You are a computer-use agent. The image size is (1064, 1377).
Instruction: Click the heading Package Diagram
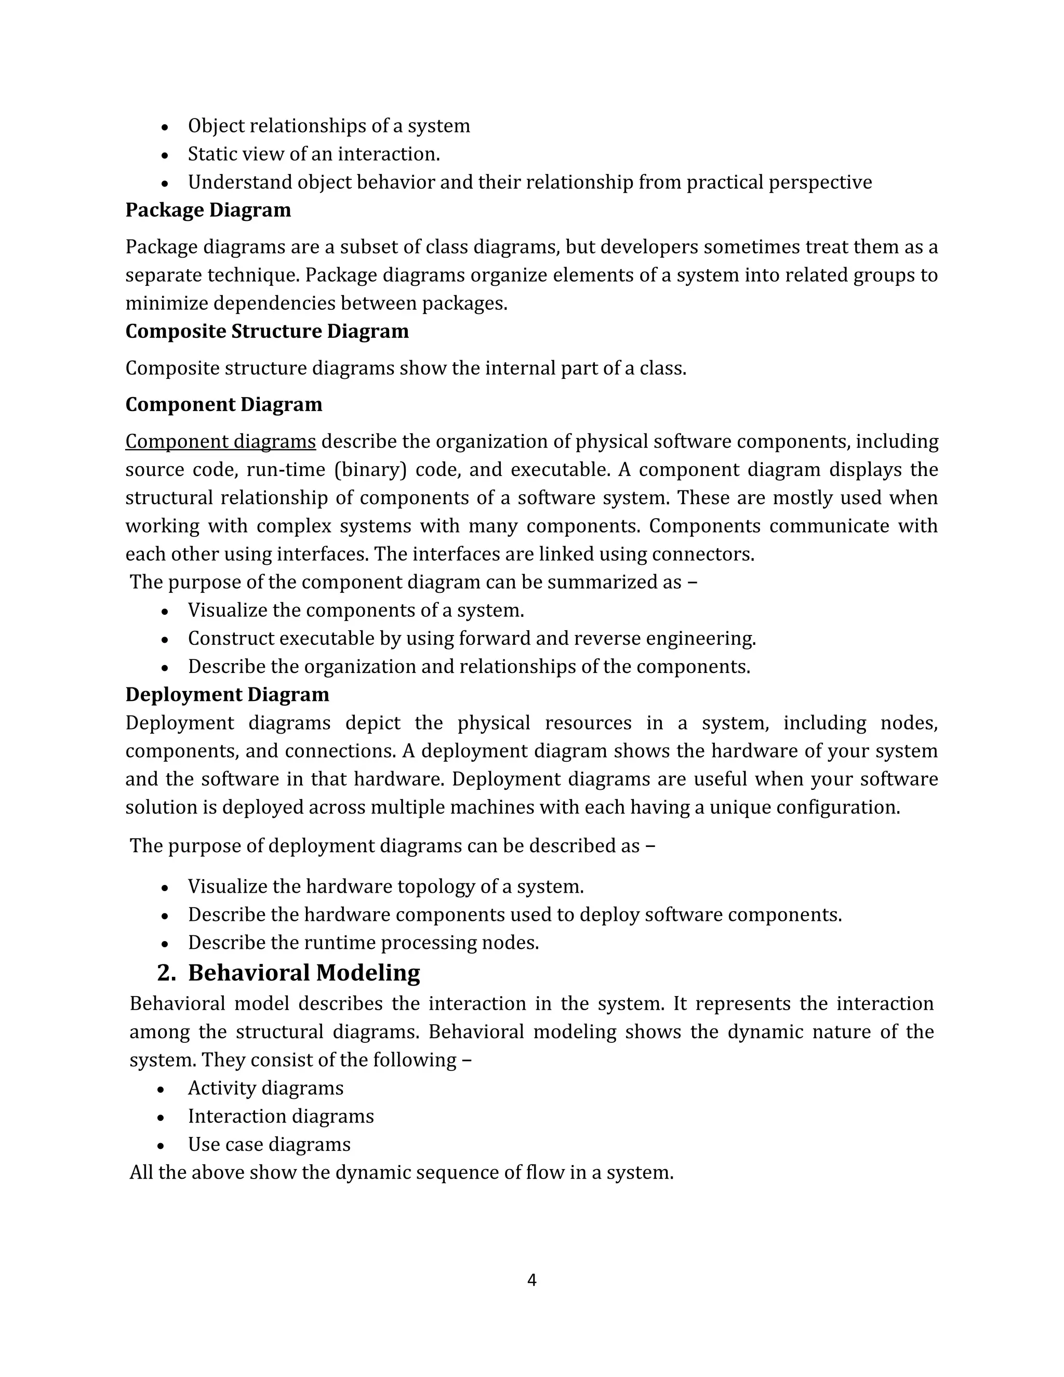pyautogui.click(x=208, y=210)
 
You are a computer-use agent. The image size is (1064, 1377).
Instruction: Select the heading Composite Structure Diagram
pyautogui.click(x=267, y=331)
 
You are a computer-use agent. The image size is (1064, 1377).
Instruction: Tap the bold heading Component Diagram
pyautogui.click(x=224, y=404)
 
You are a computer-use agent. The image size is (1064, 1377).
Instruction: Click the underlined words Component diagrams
pyautogui.click(x=221, y=441)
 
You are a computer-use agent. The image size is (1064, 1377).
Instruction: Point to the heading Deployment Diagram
pyautogui.click(x=227, y=694)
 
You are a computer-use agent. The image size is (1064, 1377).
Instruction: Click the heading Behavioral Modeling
pyautogui.click(x=304, y=972)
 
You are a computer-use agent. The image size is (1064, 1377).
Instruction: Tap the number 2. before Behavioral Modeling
pyautogui.click(x=166, y=972)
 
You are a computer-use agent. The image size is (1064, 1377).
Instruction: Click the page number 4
pyautogui.click(x=531, y=1280)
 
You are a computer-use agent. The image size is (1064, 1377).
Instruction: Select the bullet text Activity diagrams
pyautogui.click(x=265, y=1088)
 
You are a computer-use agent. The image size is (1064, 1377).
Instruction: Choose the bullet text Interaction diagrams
pyautogui.click(x=281, y=1116)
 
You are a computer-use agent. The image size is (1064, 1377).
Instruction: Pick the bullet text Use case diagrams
pyautogui.click(x=269, y=1144)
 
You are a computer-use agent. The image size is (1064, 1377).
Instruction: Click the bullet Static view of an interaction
pyautogui.click(x=314, y=154)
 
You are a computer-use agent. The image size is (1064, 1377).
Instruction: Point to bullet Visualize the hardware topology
pyautogui.click(x=386, y=886)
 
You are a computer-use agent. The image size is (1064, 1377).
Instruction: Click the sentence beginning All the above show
pyautogui.click(x=402, y=1172)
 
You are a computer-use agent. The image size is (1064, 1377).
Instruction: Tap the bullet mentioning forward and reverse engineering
pyautogui.click(x=472, y=638)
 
